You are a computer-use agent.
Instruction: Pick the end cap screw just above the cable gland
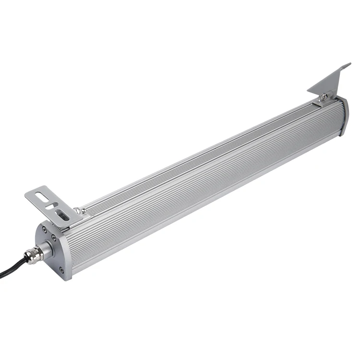pos(54,238)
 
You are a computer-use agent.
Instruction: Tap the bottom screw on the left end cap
pos(61,270)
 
